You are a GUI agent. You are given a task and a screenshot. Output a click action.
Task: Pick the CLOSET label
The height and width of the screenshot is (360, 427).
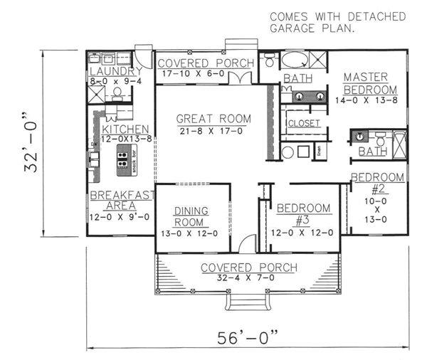tap(304, 123)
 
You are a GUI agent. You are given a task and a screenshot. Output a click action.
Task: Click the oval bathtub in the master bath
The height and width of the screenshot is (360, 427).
tap(295, 60)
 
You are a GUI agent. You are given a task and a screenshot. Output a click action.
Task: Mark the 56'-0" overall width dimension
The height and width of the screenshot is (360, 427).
tap(246, 334)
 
